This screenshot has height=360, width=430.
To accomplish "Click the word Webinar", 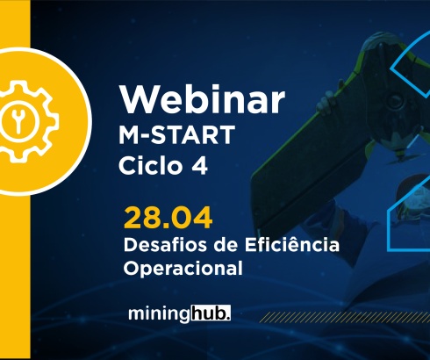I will point(202,101).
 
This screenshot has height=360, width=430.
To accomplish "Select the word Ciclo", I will point(150,166).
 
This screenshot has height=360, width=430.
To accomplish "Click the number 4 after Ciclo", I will point(201,166).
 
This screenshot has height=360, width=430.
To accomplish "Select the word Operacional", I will point(183,269).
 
